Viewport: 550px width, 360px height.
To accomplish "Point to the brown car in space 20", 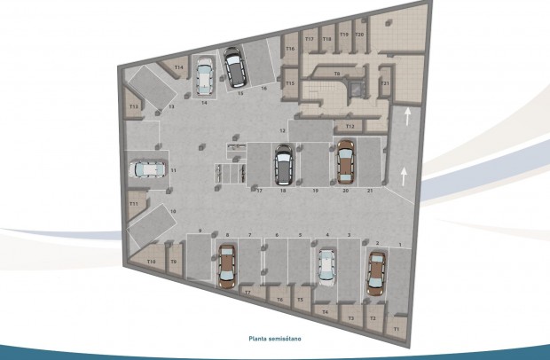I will click(343, 160).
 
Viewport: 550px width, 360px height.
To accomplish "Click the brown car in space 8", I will click(227, 266).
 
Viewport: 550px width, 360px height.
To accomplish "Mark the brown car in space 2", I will click(377, 271).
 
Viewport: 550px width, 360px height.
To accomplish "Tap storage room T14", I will click(179, 67).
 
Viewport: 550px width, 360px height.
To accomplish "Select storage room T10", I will click(152, 262).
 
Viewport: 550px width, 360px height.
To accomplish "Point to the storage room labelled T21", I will click(385, 84).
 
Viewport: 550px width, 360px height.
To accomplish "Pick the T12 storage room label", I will click(350, 127).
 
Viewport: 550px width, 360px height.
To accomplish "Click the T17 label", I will click(309, 40).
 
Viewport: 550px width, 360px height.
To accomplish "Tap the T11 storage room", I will click(134, 204).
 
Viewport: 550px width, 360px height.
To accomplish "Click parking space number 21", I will click(369, 191).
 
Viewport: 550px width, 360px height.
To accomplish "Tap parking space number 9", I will click(200, 231).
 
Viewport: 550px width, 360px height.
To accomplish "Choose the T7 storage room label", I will click(248, 292).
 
